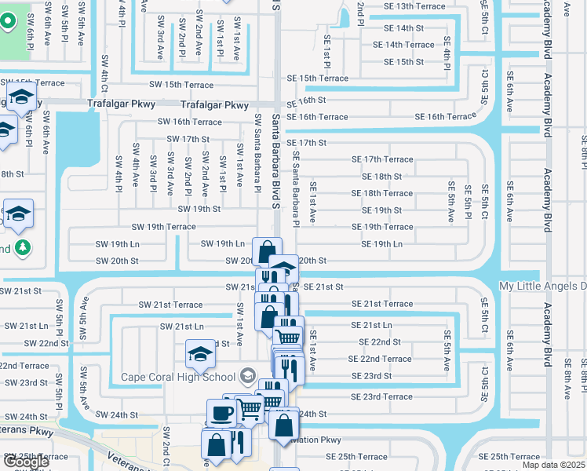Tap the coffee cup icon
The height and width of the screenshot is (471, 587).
220,412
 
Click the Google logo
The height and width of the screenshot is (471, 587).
25,462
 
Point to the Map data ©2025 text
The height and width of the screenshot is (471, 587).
553,465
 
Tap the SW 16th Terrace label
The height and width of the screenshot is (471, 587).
190,122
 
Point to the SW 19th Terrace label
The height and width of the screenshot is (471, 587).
163,227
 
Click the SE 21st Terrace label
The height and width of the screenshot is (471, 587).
381,304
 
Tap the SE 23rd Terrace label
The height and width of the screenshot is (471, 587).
381,396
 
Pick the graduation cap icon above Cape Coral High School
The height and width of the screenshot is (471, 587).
200,354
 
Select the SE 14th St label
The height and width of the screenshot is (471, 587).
403,28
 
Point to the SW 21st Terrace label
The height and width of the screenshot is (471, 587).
170,305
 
